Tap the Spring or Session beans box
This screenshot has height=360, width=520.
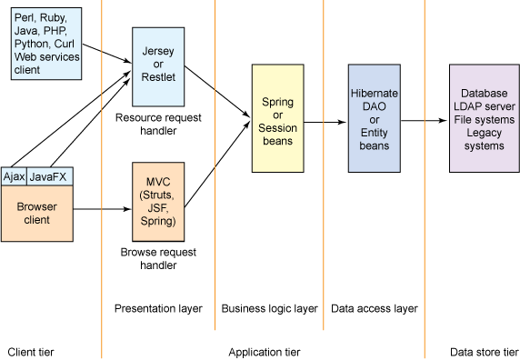click(x=277, y=118)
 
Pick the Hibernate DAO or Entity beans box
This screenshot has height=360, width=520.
click(x=374, y=118)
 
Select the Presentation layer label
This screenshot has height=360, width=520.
click(x=157, y=309)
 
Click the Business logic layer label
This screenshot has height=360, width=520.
click(x=270, y=309)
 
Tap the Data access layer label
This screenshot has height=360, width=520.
click(x=374, y=309)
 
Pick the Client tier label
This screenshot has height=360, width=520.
click(x=33, y=351)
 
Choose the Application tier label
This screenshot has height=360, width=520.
click(x=264, y=351)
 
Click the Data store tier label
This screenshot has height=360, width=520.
click(x=484, y=351)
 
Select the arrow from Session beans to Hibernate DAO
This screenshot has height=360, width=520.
click(x=325, y=120)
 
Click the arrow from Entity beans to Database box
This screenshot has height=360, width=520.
click(x=425, y=120)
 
